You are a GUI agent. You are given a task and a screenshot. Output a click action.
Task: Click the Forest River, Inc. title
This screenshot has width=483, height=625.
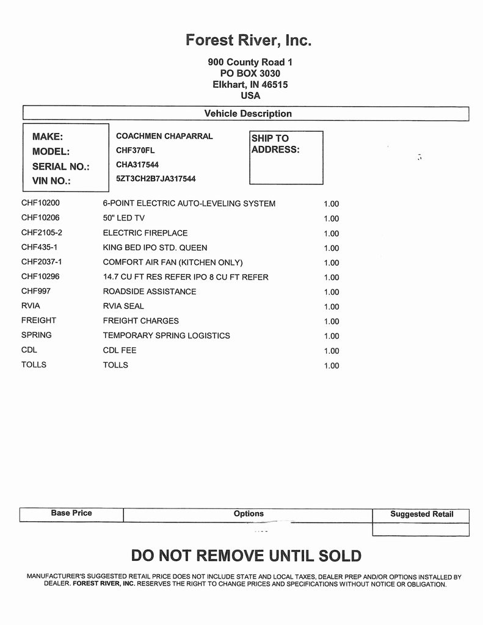click(249, 40)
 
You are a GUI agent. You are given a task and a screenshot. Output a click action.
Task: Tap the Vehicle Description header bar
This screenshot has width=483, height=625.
click(247, 114)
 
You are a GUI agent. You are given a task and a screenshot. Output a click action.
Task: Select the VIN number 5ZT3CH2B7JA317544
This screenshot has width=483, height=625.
click(156, 179)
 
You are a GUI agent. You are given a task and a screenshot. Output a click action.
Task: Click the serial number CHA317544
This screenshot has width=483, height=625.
click(137, 165)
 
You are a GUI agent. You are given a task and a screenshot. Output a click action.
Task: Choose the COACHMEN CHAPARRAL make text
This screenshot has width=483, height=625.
click(164, 136)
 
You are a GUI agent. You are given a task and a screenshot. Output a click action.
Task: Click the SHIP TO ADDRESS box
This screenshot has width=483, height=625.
click(286, 157)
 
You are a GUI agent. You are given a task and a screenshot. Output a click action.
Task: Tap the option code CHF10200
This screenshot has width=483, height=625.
click(40, 203)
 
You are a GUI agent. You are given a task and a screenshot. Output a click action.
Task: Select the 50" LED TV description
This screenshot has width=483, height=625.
click(123, 218)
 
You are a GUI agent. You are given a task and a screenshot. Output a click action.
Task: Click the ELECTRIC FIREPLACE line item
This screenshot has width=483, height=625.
click(145, 233)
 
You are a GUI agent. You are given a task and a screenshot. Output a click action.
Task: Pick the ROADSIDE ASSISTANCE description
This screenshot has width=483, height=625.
click(150, 291)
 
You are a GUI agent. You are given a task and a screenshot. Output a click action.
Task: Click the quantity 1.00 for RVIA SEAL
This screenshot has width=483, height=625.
click(331, 306)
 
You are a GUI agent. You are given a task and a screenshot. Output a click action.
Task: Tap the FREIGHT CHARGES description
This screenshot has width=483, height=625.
click(141, 320)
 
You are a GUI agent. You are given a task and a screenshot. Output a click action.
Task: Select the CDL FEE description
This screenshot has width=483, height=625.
click(120, 350)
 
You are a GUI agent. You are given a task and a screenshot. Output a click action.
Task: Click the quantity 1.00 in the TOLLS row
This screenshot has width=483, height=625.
click(331, 366)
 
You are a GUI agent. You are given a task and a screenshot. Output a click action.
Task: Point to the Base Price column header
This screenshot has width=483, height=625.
click(71, 513)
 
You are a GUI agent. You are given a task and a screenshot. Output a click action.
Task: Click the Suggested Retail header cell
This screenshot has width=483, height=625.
click(421, 514)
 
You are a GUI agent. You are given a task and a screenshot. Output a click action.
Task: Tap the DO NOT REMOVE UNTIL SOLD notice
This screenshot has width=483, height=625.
click(246, 556)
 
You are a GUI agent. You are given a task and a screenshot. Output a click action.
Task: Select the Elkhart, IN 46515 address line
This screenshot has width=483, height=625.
click(250, 85)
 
